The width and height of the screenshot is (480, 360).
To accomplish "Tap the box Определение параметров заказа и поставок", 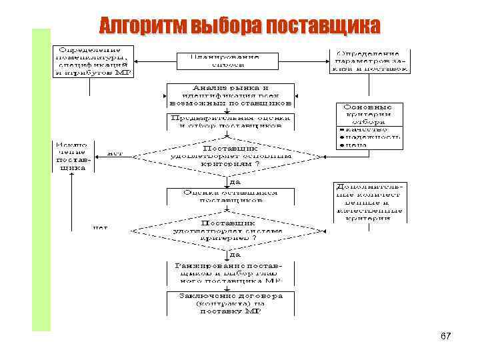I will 371,60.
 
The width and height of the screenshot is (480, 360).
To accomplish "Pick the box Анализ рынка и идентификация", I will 230,95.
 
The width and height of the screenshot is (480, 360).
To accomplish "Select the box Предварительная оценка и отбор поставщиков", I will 230,121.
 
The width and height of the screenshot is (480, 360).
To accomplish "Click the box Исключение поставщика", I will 72,155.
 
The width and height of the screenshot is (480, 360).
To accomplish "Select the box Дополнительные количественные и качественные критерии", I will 371,201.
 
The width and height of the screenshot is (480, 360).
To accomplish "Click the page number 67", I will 446,337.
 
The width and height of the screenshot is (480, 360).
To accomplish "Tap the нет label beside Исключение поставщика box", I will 115,153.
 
